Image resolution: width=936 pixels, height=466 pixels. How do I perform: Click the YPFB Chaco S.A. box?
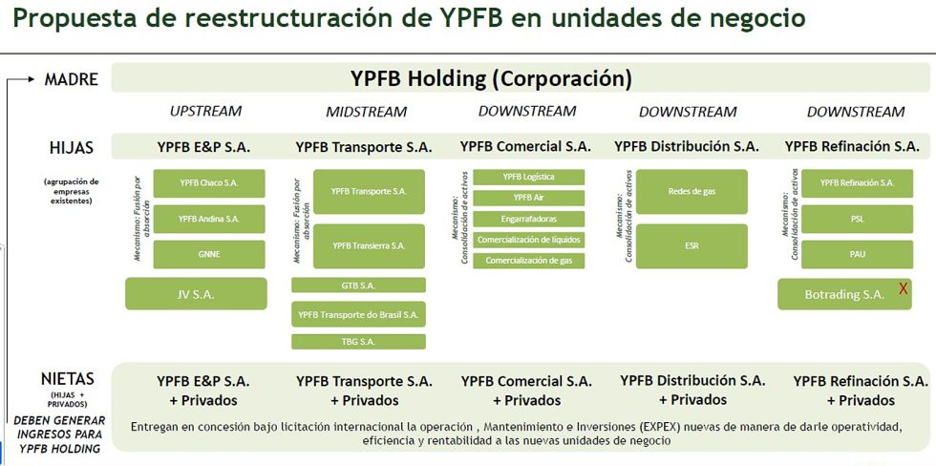click(x=209, y=182)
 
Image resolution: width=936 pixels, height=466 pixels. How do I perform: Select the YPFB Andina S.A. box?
click(x=209, y=219)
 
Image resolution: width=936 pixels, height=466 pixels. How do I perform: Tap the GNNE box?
click(x=209, y=254)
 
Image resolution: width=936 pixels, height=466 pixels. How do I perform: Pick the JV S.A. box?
click(x=196, y=294)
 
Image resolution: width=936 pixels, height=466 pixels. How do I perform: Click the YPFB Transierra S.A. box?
click(x=369, y=245)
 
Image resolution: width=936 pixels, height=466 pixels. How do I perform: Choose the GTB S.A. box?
click(x=358, y=285)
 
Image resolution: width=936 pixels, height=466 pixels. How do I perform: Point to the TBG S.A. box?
click(x=358, y=341)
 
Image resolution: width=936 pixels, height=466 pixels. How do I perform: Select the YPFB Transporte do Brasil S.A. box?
click(x=358, y=313)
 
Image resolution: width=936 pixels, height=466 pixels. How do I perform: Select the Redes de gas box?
click(x=691, y=191)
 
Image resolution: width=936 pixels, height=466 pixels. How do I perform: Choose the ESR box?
click(x=691, y=245)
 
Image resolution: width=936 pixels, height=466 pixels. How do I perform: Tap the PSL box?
click(x=857, y=219)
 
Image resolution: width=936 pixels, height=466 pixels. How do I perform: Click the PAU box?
click(x=857, y=254)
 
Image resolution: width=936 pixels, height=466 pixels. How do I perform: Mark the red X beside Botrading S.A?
click(x=903, y=289)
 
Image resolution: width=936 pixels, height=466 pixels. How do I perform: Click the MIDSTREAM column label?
click(x=367, y=112)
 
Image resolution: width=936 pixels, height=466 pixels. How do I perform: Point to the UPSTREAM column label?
click(x=205, y=111)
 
